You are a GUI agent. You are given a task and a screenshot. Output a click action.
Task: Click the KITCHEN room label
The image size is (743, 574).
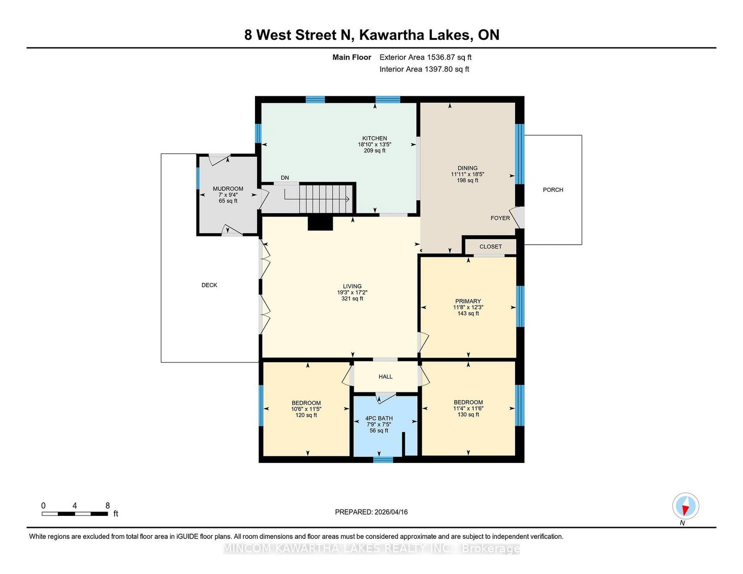point(374,138)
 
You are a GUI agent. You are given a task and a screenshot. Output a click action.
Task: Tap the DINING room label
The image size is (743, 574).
point(467,168)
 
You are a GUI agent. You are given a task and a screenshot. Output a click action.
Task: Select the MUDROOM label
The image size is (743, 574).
point(228,189)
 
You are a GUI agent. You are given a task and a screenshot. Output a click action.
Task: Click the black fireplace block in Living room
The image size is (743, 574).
point(320,223)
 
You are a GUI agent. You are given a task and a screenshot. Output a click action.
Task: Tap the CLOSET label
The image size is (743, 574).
point(490,247)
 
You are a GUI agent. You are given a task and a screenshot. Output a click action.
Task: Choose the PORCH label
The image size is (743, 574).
point(553,190)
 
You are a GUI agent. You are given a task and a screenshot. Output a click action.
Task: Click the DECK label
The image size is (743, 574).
point(209,285)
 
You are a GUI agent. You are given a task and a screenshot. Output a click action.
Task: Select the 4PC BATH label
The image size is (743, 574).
point(379,418)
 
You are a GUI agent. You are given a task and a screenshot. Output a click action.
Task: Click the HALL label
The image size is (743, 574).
point(385,377)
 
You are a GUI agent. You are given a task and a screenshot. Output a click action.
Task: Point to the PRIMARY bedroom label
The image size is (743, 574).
point(468,301)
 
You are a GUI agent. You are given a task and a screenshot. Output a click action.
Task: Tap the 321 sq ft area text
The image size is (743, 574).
point(352,299)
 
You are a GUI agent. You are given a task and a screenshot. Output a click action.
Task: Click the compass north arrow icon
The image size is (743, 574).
point(685,506)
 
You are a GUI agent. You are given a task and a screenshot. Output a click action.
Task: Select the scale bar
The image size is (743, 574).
point(75,514)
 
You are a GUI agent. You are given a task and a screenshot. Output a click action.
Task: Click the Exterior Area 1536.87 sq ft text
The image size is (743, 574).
point(425,57)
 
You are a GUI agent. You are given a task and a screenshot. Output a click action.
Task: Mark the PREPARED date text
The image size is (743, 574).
point(371,512)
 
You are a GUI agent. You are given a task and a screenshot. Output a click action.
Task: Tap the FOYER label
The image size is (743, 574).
point(500,218)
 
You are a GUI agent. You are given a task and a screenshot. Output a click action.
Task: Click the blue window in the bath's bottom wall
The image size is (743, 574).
point(383,460)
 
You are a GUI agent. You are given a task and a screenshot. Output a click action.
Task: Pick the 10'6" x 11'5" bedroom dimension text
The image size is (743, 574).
point(306,409)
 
